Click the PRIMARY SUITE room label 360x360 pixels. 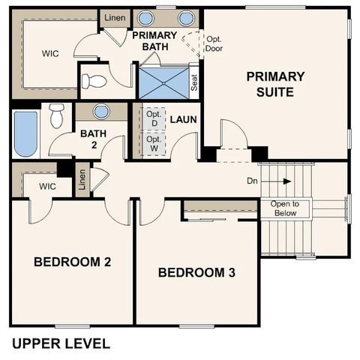point(276,84)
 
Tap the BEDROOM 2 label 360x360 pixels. point(72,262)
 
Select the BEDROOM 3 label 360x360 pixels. point(196,273)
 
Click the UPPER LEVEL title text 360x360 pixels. point(61,343)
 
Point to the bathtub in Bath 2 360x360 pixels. point(25,133)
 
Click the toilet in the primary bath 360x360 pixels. point(94,81)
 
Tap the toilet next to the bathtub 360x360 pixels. point(57,116)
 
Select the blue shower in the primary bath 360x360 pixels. point(163,82)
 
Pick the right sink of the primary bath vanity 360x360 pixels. point(185,19)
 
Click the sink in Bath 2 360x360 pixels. point(101,112)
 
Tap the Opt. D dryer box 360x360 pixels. point(154,118)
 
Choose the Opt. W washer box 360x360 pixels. point(154,144)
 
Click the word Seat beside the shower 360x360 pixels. point(194,82)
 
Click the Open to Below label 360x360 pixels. point(284,208)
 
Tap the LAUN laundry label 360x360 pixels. point(183,119)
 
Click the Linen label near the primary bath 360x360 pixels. point(115,17)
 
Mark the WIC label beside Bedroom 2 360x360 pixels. point(47,186)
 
